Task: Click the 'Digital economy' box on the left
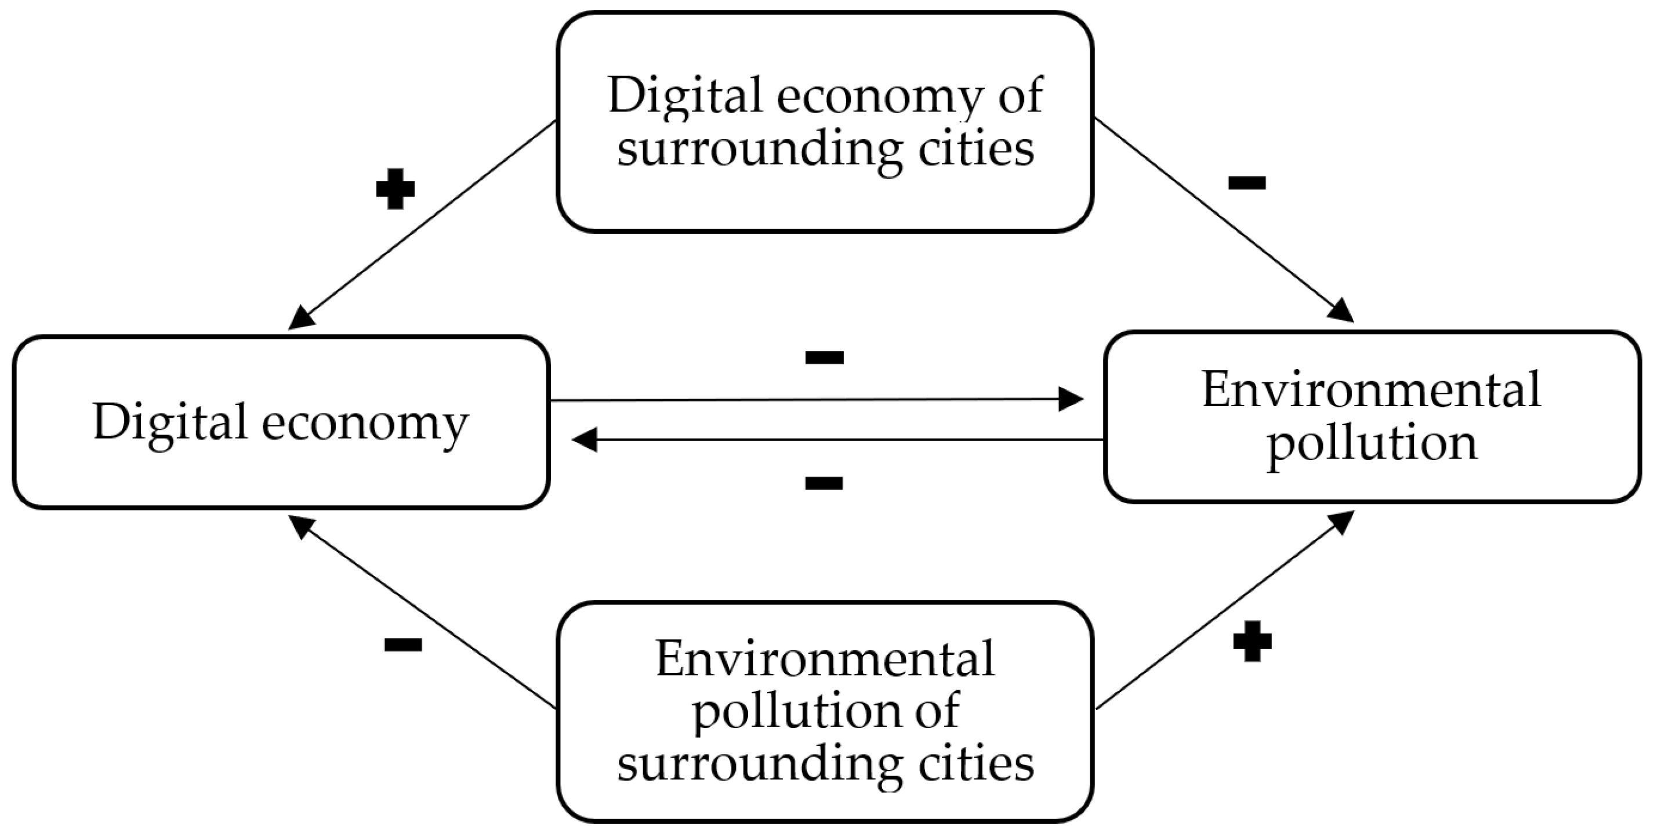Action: [x=281, y=422]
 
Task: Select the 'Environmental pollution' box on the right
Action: [x=1372, y=417]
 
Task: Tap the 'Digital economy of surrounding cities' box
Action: [x=825, y=121]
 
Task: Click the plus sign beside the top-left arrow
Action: [x=395, y=189]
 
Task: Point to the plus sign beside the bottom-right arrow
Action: [x=1252, y=641]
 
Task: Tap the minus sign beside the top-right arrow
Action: [x=1247, y=183]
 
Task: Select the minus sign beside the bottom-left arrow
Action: [x=402, y=644]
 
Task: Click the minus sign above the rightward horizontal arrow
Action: [x=825, y=357]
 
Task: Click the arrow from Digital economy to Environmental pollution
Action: [x=815, y=400]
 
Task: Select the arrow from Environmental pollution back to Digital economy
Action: [x=835, y=440]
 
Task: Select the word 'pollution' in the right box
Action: [x=1372, y=443]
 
